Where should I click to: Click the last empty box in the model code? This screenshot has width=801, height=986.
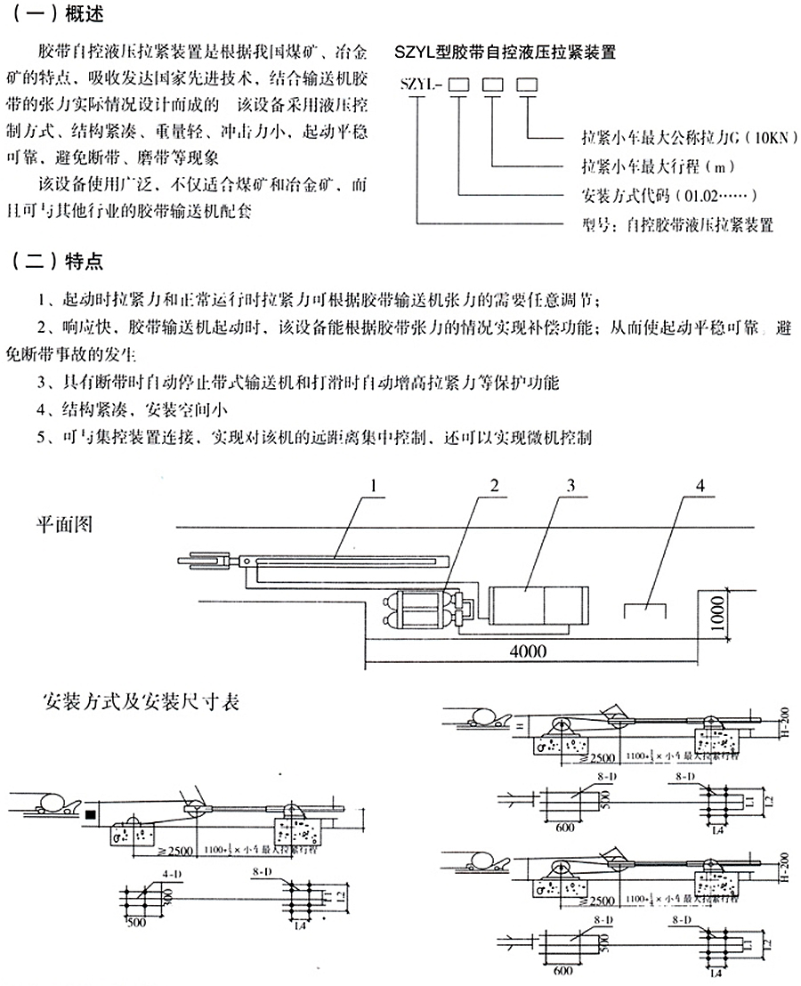point(528,85)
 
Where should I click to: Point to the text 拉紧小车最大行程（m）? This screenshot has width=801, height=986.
point(643,166)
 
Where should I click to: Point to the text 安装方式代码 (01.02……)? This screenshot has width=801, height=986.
point(654,194)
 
